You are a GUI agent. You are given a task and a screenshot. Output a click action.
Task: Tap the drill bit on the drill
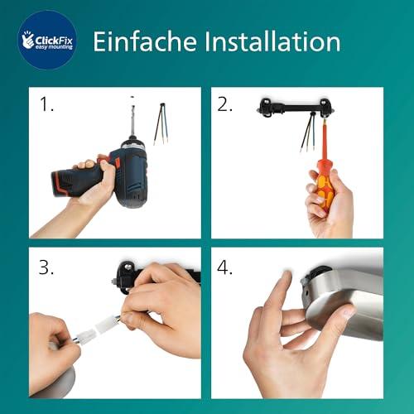(129, 124)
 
